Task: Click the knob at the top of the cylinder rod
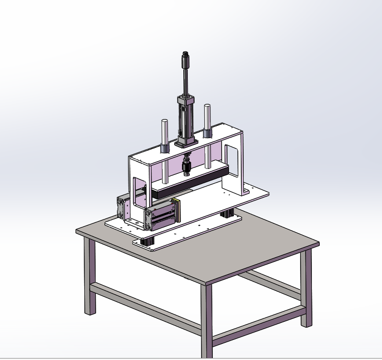(x=186, y=61)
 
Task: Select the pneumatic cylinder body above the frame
(x=186, y=118)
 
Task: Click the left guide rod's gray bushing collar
(x=165, y=147)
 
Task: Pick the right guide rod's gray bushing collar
(x=207, y=132)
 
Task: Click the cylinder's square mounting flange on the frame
(x=186, y=143)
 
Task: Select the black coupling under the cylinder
(x=186, y=168)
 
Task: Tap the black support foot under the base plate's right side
(x=227, y=214)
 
